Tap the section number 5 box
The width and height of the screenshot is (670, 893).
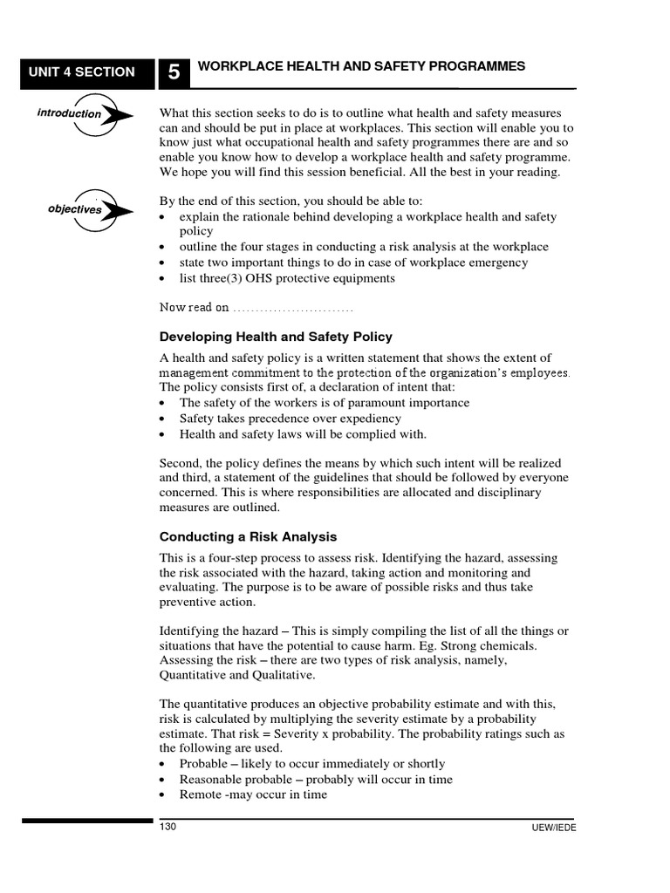tap(174, 73)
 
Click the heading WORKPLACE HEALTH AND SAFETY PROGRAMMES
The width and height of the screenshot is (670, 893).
tap(362, 67)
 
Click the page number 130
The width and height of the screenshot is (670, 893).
tap(167, 827)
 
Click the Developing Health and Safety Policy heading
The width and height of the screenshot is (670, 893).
tap(276, 337)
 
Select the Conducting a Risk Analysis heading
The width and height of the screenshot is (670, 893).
tap(248, 536)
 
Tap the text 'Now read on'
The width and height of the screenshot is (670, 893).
tap(195, 307)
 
